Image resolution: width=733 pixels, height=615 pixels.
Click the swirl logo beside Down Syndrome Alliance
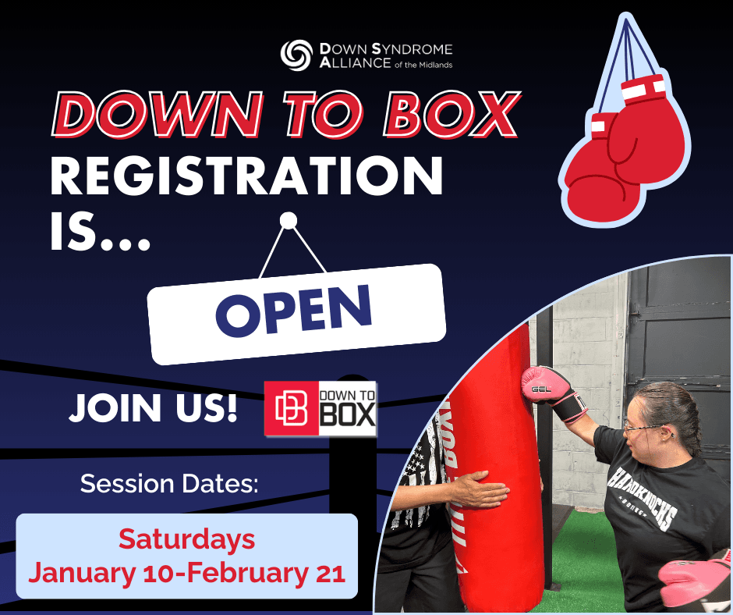point(296,55)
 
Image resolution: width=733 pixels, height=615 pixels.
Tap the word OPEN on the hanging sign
point(293,311)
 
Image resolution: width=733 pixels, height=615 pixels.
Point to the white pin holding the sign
point(289,220)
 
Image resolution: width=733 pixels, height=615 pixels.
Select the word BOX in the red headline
point(452,115)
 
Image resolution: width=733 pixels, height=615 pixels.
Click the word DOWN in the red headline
point(157,115)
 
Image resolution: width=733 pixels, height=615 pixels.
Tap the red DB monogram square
point(291,409)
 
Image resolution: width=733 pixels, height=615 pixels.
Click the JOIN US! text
point(153,407)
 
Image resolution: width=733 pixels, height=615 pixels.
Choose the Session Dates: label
point(169,483)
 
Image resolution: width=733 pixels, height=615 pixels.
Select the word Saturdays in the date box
point(186,539)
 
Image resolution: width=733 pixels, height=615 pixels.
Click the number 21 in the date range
point(331,573)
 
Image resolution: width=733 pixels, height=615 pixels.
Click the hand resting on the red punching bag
point(478,489)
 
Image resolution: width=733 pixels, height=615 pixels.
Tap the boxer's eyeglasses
point(643,427)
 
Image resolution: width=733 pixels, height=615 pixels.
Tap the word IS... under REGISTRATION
point(100,232)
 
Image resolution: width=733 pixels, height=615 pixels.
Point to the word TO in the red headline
point(324,115)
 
